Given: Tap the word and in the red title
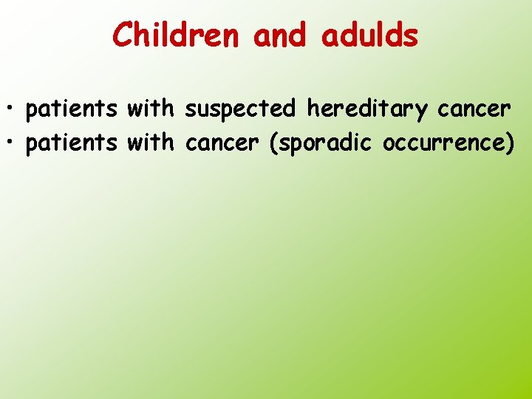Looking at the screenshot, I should [x=280, y=35].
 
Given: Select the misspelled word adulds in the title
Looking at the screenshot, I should [x=369, y=35].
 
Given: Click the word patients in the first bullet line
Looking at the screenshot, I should [x=71, y=109].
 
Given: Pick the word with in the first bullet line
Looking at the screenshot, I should [x=151, y=109].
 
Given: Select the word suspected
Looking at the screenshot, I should [x=240, y=110].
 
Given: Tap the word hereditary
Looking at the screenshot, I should [x=367, y=110].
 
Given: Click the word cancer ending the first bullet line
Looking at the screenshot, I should [x=474, y=110].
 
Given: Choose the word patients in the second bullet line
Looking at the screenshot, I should [x=71, y=143].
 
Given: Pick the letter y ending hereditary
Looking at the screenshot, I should [x=422, y=112].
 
